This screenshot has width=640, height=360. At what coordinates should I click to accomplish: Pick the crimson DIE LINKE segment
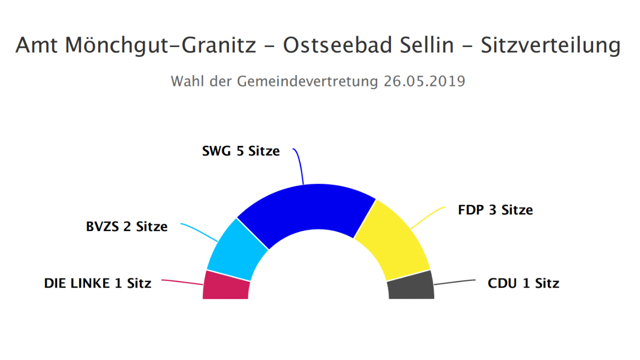(x=226, y=286)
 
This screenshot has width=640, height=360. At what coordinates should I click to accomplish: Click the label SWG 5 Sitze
(x=241, y=151)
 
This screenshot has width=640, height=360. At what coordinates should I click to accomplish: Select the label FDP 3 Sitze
(x=495, y=210)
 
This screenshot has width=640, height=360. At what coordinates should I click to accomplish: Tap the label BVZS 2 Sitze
(x=127, y=226)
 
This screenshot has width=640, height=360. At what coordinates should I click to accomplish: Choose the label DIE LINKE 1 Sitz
(x=97, y=283)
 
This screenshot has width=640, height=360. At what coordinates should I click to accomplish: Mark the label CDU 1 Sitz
(x=523, y=283)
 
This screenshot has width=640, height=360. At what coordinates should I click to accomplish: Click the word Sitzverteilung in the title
(x=550, y=45)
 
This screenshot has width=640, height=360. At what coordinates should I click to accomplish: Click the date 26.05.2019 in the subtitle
(x=424, y=81)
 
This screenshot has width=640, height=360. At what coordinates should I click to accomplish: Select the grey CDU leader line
(x=455, y=282)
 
